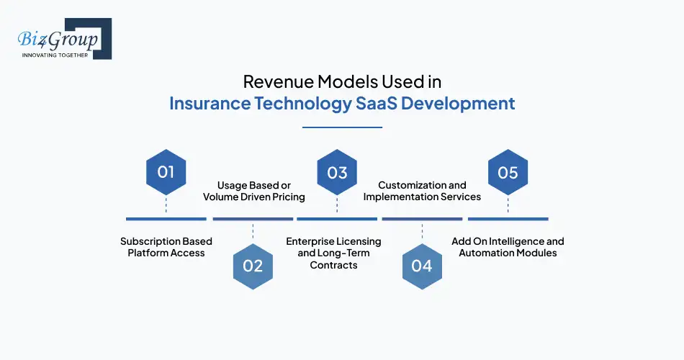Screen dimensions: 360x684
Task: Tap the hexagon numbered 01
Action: point(166,173)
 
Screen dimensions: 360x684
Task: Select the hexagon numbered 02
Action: point(253,266)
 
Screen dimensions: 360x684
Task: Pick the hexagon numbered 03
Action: point(337,173)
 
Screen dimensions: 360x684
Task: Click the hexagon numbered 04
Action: point(422,266)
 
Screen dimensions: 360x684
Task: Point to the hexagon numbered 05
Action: point(508,173)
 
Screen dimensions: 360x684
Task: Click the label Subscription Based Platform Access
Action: point(166,247)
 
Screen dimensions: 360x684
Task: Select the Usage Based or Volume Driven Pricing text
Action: point(254,191)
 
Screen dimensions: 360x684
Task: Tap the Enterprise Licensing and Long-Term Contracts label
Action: point(333,253)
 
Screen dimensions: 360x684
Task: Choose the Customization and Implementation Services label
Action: point(422,191)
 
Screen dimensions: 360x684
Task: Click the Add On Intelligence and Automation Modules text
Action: point(508,247)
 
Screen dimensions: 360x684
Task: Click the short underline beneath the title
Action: point(342,127)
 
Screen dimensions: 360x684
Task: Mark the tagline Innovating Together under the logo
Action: point(55,55)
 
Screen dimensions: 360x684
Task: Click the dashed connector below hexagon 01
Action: point(166,204)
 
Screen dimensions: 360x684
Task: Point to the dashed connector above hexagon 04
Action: point(422,232)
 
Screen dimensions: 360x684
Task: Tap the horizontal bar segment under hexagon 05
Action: point(508,219)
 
